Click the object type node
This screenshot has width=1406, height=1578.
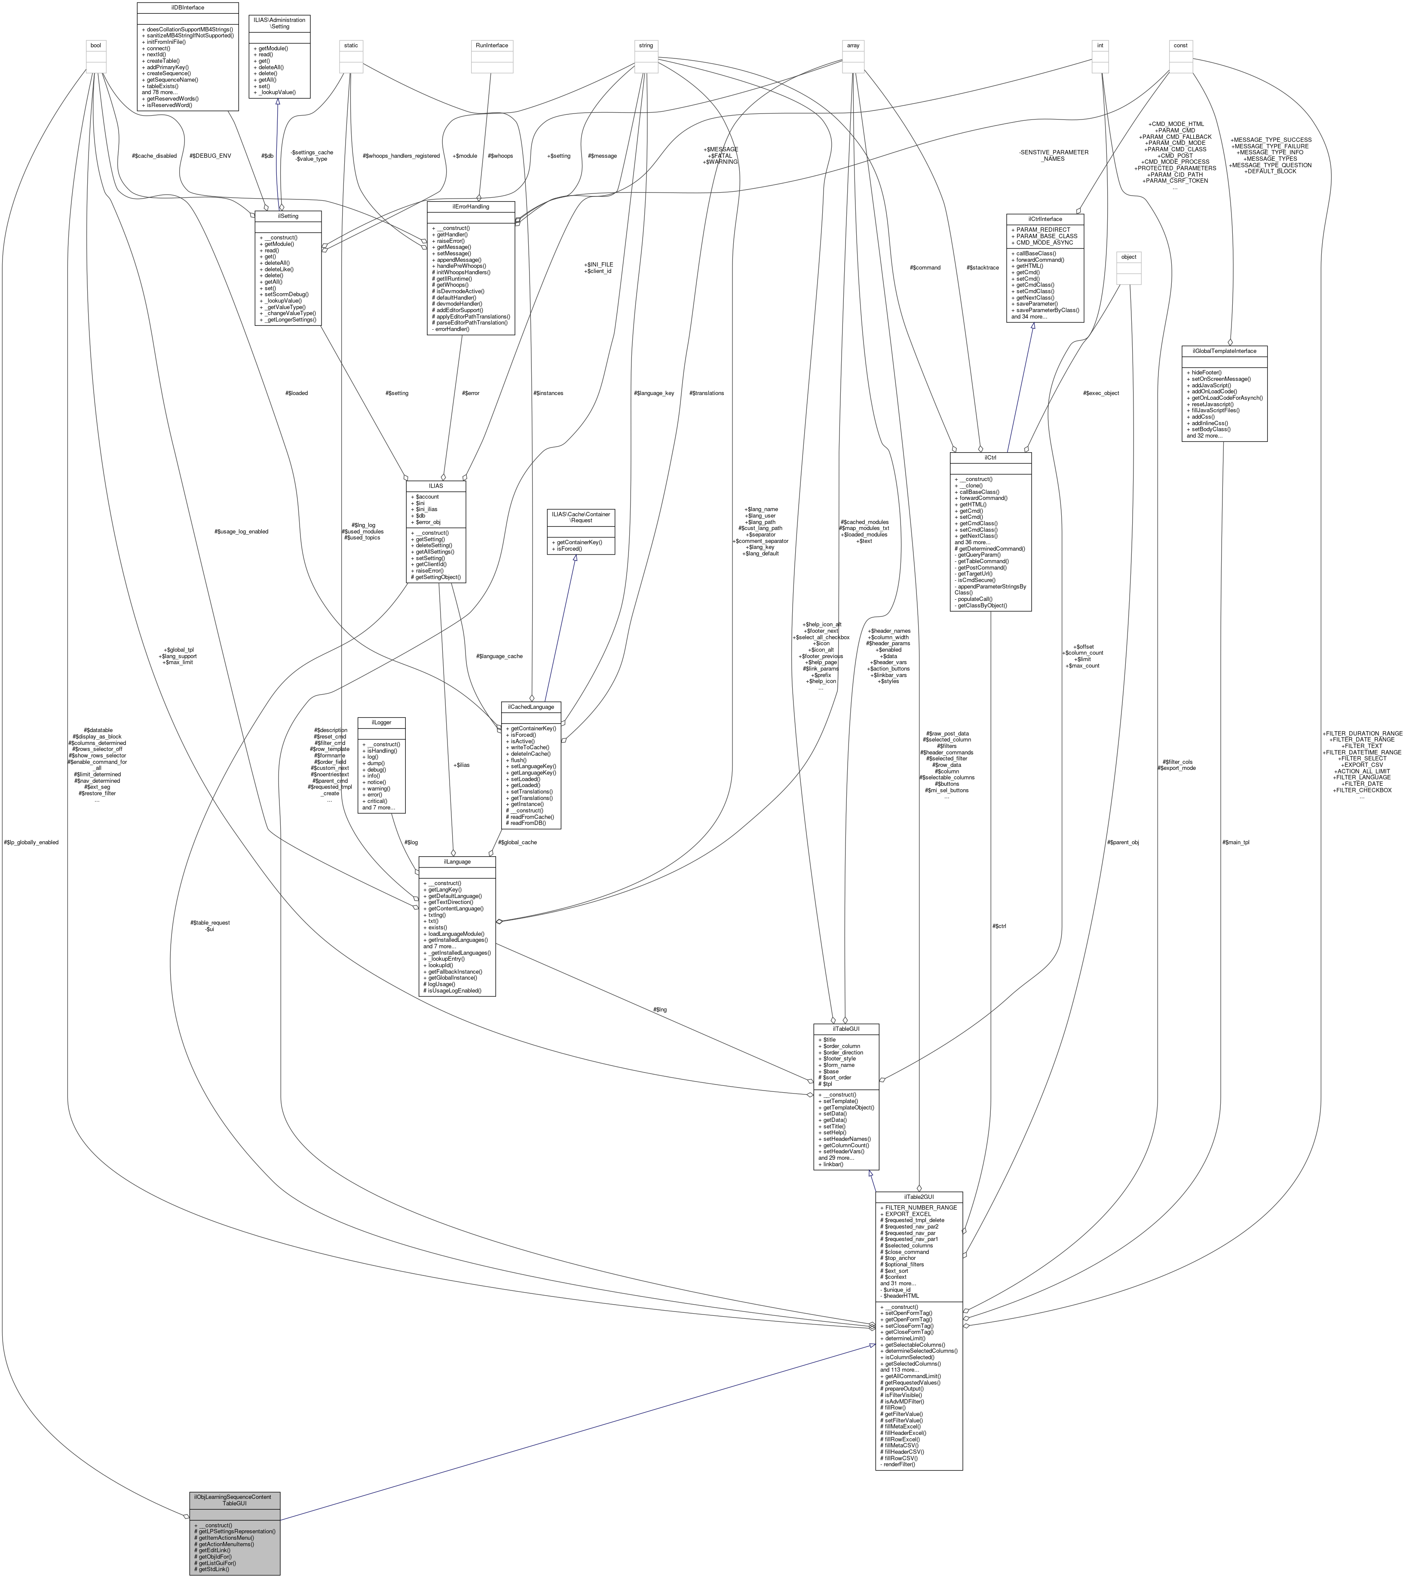1129,257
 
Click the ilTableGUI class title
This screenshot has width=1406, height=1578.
846,1028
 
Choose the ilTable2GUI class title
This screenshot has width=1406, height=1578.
919,1196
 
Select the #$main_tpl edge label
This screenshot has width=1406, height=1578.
1235,842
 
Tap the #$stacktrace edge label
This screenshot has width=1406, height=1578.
983,267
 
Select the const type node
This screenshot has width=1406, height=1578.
1180,46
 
